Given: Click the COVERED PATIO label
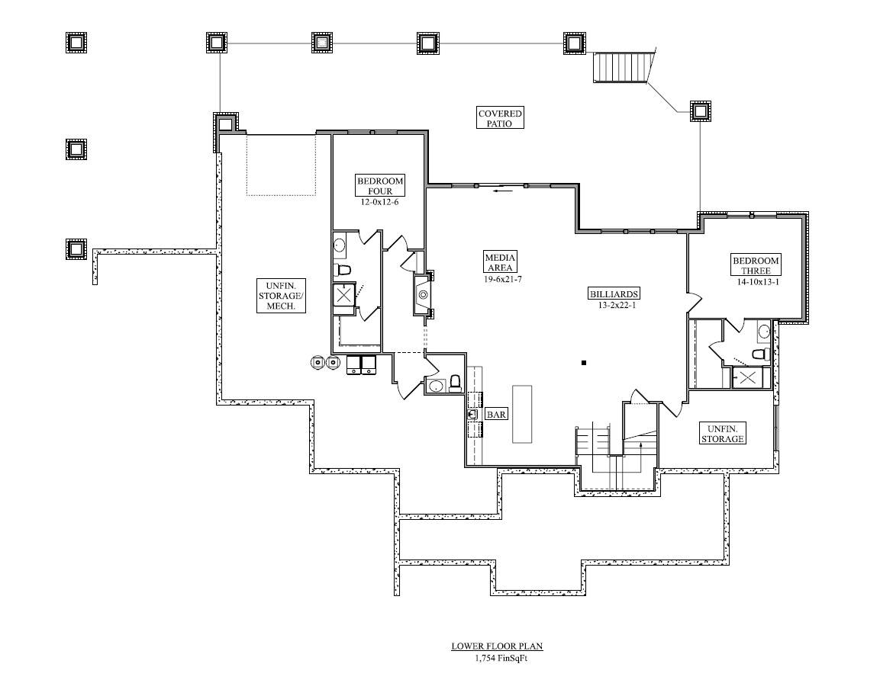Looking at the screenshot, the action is [x=499, y=118].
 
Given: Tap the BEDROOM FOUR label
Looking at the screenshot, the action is [x=380, y=185].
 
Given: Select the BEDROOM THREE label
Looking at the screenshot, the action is [x=756, y=266].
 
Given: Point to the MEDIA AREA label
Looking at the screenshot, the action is [x=499, y=262].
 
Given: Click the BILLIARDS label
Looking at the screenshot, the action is [x=614, y=293].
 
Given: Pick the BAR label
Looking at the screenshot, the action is [x=496, y=415].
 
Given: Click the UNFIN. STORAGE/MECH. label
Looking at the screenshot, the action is [x=281, y=296].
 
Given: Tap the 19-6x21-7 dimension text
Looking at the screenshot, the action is [x=503, y=278].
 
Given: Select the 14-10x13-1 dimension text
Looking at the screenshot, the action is [x=758, y=282].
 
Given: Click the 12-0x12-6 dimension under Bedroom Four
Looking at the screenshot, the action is [x=379, y=202].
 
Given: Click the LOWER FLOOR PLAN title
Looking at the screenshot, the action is [x=498, y=646].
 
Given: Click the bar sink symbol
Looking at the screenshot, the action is [x=472, y=415].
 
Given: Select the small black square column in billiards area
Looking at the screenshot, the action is [x=584, y=364].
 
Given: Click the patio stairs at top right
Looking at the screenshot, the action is [x=624, y=67].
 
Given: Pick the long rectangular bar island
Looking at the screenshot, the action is [x=522, y=414].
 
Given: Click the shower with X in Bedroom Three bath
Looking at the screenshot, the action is [x=747, y=378].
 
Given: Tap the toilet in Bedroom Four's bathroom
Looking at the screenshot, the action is [x=342, y=270].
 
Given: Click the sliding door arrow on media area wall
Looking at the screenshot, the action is [x=503, y=191].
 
